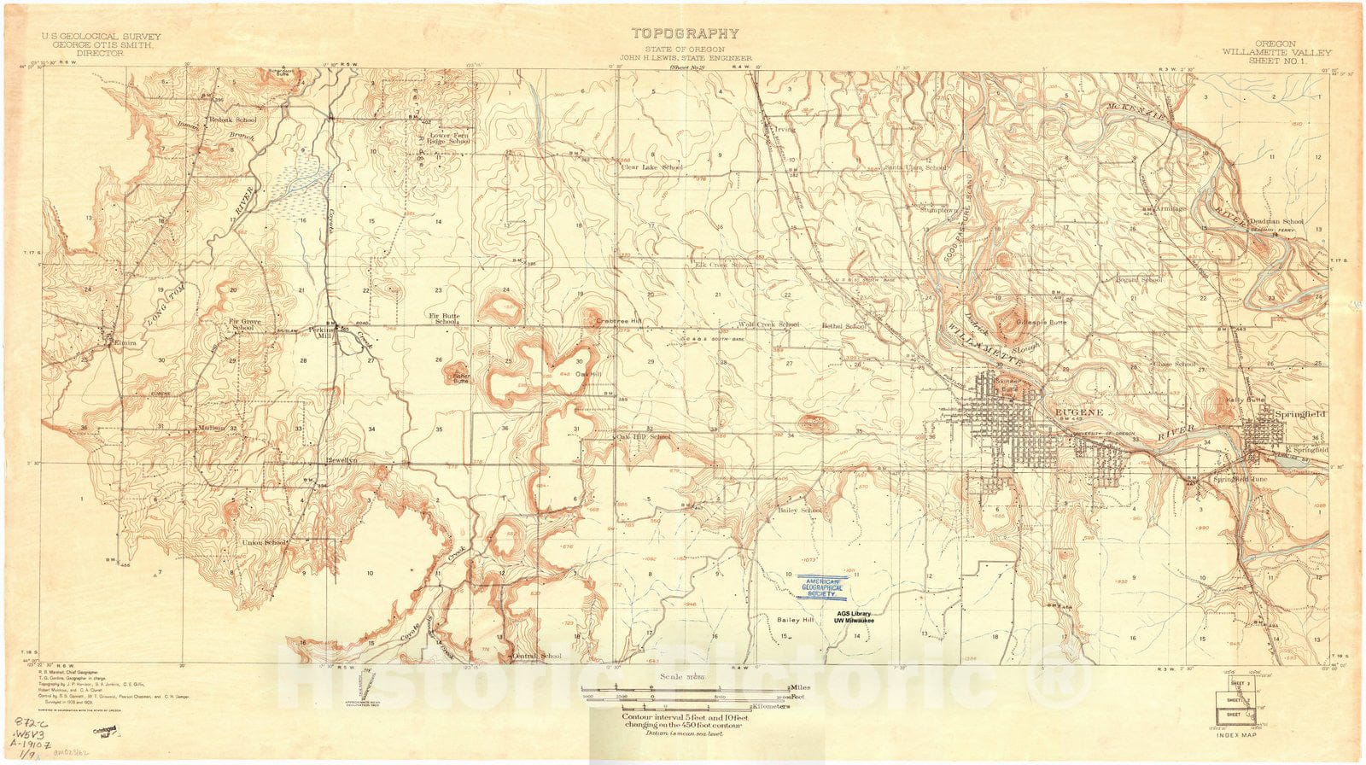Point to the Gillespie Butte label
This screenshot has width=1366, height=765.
click(1042, 323)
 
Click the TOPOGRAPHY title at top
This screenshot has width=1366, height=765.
click(685, 34)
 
